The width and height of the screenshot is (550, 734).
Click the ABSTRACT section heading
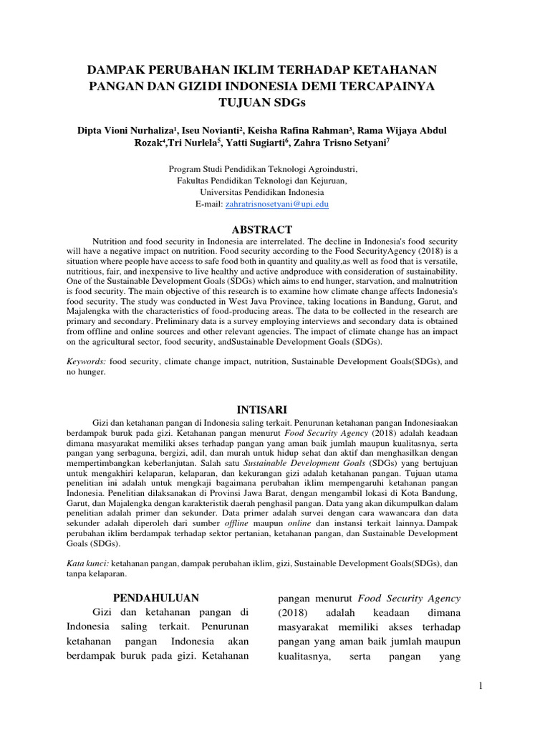(x=261, y=230)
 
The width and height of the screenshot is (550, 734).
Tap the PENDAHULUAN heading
(x=156, y=598)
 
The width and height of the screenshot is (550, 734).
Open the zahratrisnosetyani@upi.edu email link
(x=276, y=204)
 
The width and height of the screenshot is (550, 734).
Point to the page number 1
(x=481, y=687)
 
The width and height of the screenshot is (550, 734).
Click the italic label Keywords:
(x=85, y=363)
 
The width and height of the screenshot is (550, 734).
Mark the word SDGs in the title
(x=288, y=101)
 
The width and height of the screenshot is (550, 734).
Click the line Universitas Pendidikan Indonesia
(x=261, y=193)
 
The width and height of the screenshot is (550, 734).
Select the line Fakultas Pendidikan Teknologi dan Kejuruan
(x=261, y=181)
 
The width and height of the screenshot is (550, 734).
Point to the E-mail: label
(x=209, y=204)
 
